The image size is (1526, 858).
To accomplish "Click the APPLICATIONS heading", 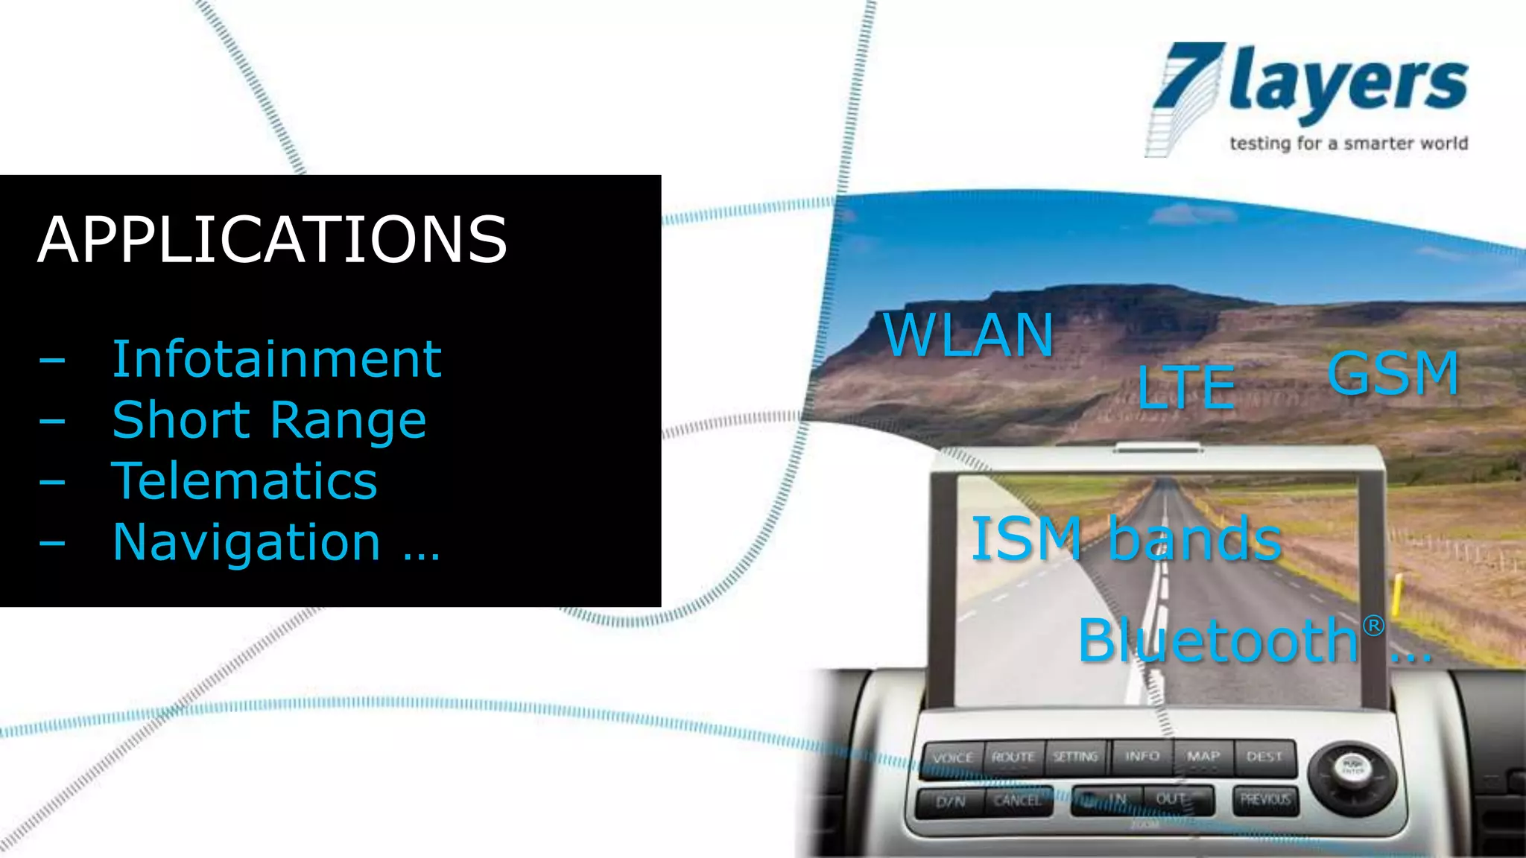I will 273,240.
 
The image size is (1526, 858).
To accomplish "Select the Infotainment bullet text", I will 276,360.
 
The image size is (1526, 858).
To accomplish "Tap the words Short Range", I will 269,420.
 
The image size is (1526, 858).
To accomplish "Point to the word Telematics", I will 244,481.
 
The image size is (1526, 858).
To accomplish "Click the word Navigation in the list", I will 247,542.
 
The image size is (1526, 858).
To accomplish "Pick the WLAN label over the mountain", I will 968,335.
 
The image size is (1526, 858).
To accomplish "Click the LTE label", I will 1186,387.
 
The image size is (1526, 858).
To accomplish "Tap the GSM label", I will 1393,373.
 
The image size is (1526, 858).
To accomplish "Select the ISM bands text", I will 1126,538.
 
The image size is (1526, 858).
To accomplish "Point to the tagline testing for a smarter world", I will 1348,143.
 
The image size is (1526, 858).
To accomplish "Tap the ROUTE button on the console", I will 1013,757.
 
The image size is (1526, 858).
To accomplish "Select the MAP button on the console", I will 1203,757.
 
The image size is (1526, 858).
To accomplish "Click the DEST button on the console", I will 1264,757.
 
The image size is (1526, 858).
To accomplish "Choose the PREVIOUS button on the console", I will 1265,799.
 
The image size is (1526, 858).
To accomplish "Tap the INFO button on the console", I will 1142,757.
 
